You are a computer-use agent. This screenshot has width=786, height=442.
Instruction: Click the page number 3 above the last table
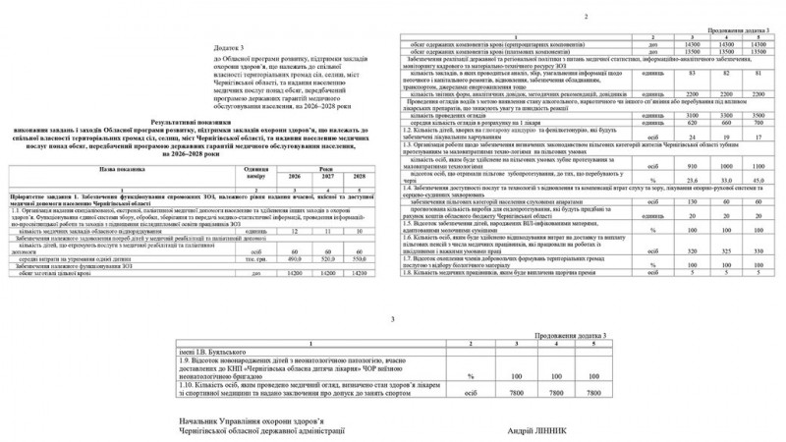pyautogui.click(x=393, y=319)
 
